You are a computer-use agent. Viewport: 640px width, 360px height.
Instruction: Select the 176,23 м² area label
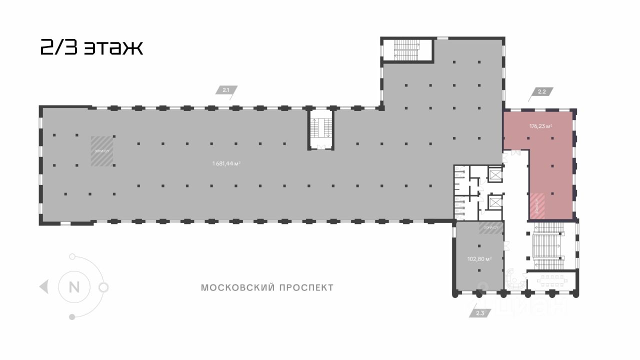(540, 126)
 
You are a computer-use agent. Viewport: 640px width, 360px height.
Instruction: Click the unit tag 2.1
(226, 90)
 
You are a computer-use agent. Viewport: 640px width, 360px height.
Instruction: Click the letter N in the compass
(74, 287)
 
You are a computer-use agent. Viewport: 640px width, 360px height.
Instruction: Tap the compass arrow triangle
(44, 287)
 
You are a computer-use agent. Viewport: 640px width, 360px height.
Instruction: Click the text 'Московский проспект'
(266, 287)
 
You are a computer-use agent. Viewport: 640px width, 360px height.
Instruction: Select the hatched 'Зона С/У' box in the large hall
(102, 150)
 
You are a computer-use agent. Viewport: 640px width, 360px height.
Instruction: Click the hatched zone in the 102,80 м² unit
(490, 228)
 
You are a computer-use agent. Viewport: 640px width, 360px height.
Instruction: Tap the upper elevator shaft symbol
(495, 175)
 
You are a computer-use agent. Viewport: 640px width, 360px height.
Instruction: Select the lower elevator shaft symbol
(495, 203)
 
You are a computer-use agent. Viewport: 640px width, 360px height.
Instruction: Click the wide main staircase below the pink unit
(548, 245)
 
